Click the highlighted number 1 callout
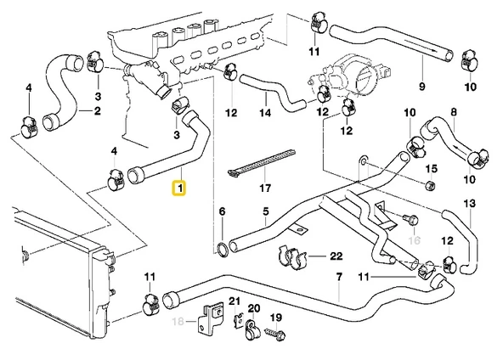(x=179, y=187)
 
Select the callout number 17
(x=265, y=188)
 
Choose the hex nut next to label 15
(x=429, y=186)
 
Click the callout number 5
(x=265, y=211)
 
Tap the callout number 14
(x=264, y=112)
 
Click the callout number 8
(x=454, y=111)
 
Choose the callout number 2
(x=97, y=111)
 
